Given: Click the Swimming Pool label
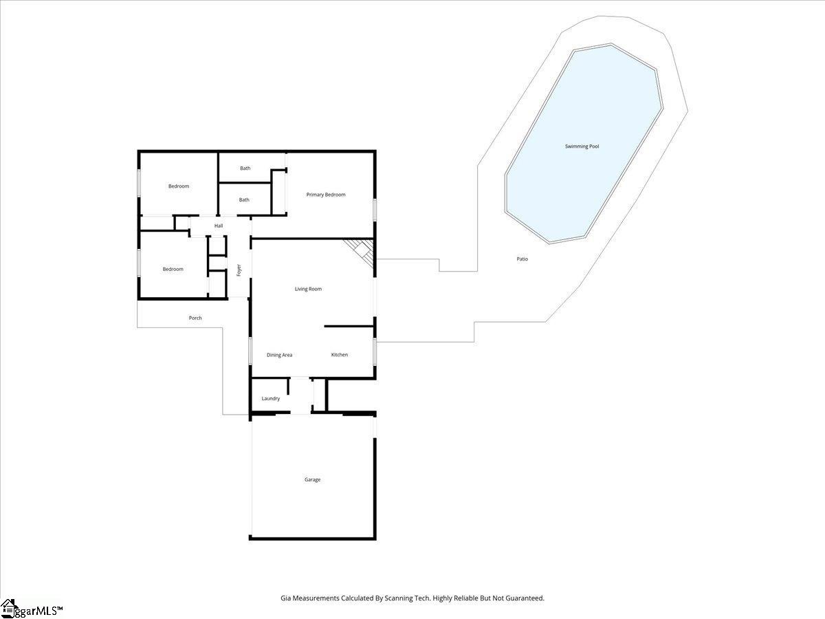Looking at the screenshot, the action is [x=582, y=146].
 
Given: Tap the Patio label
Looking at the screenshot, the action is [x=522, y=259].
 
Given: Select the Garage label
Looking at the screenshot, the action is [x=312, y=479].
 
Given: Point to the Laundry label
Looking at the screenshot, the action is [x=271, y=398].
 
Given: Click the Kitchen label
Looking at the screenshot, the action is [x=340, y=355].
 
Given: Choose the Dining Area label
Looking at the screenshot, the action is [x=279, y=355].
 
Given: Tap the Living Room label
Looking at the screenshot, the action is [x=308, y=289].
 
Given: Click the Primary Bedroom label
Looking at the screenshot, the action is [x=326, y=195].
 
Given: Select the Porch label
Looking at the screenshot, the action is [x=195, y=318].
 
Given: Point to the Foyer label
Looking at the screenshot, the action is [x=239, y=270].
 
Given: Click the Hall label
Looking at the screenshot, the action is [x=219, y=226].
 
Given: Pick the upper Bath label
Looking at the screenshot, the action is [x=245, y=169].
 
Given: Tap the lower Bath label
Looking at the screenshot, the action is [x=244, y=200].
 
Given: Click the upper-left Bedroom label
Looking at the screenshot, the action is [x=179, y=186].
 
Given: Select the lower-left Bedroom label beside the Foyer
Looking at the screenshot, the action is [x=173, y=270].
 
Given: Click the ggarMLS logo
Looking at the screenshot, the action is [x=31, y=609].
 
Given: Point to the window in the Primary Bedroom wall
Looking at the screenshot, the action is [x=375, y=210].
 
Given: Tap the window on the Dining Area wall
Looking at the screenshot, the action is [x=250, y=351].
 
